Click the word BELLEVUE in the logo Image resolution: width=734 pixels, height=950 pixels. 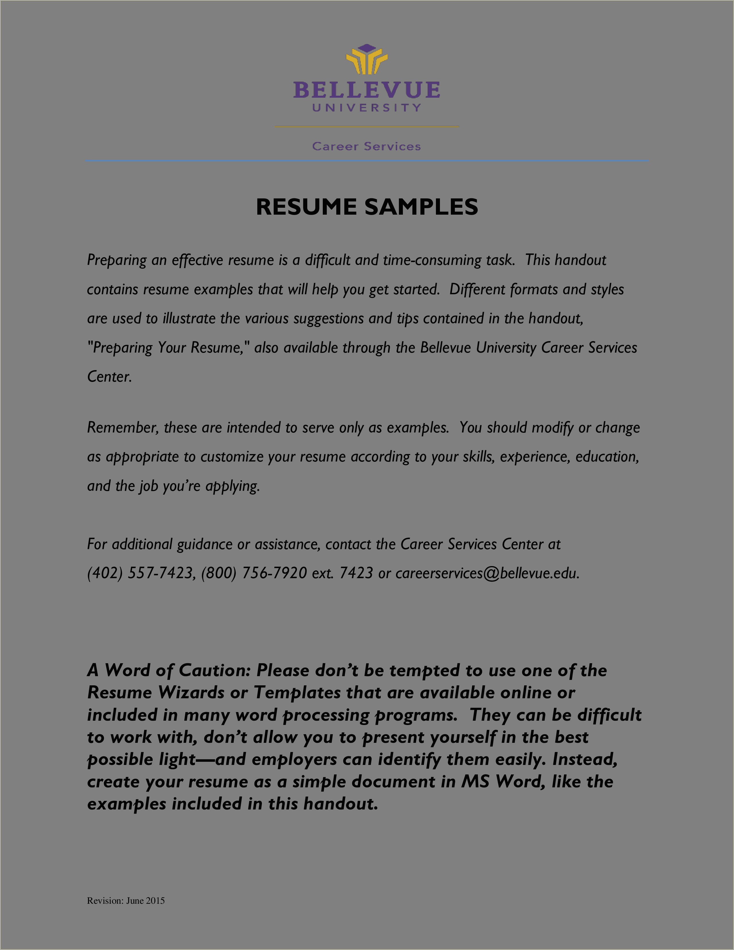(367, 90)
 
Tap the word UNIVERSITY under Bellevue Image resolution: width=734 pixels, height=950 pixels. (367, 107)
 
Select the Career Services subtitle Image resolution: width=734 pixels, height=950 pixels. (366, 147)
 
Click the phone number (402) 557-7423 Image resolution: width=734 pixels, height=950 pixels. (140, 573)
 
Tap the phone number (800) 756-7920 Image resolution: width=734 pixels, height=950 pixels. (254, 573)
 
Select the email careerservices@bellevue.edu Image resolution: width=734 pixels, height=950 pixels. (487, 573)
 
